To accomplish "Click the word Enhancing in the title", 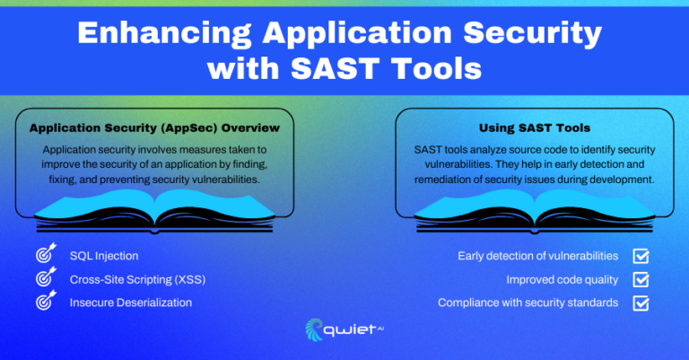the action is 164,33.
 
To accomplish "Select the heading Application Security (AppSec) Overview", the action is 154,127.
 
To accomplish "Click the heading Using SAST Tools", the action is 535,127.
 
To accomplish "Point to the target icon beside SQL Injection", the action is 46,253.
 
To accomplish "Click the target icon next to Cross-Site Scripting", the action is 46,277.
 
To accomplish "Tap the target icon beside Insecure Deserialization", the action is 46,300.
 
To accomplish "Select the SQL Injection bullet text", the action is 104,256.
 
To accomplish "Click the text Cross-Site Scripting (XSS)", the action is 137,279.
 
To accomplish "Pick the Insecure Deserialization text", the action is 131,303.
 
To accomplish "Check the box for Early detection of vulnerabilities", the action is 641,256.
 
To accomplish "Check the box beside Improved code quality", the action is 641,279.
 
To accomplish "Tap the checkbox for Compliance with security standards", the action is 641,303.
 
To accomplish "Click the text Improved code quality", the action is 562,279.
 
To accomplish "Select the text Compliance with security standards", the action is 528,303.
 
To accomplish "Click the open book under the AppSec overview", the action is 154,212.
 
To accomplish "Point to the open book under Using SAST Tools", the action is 535,212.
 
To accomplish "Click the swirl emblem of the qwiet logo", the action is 314,329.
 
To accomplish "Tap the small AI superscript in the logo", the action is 380,327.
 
